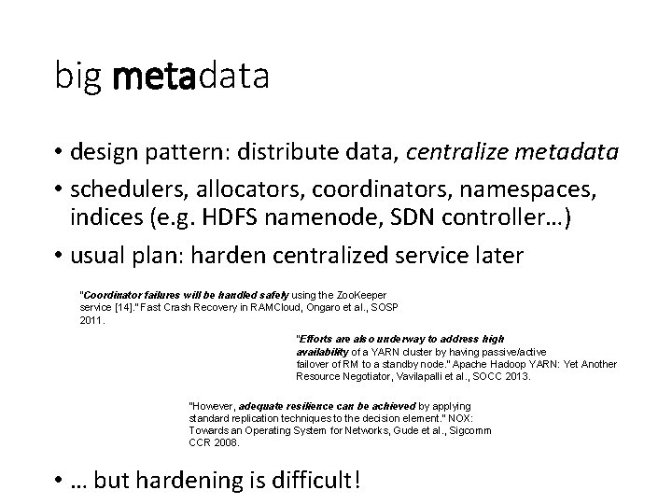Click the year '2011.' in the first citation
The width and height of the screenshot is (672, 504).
(x=92, y=320)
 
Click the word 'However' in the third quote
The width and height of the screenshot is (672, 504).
(x=213, y=407)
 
